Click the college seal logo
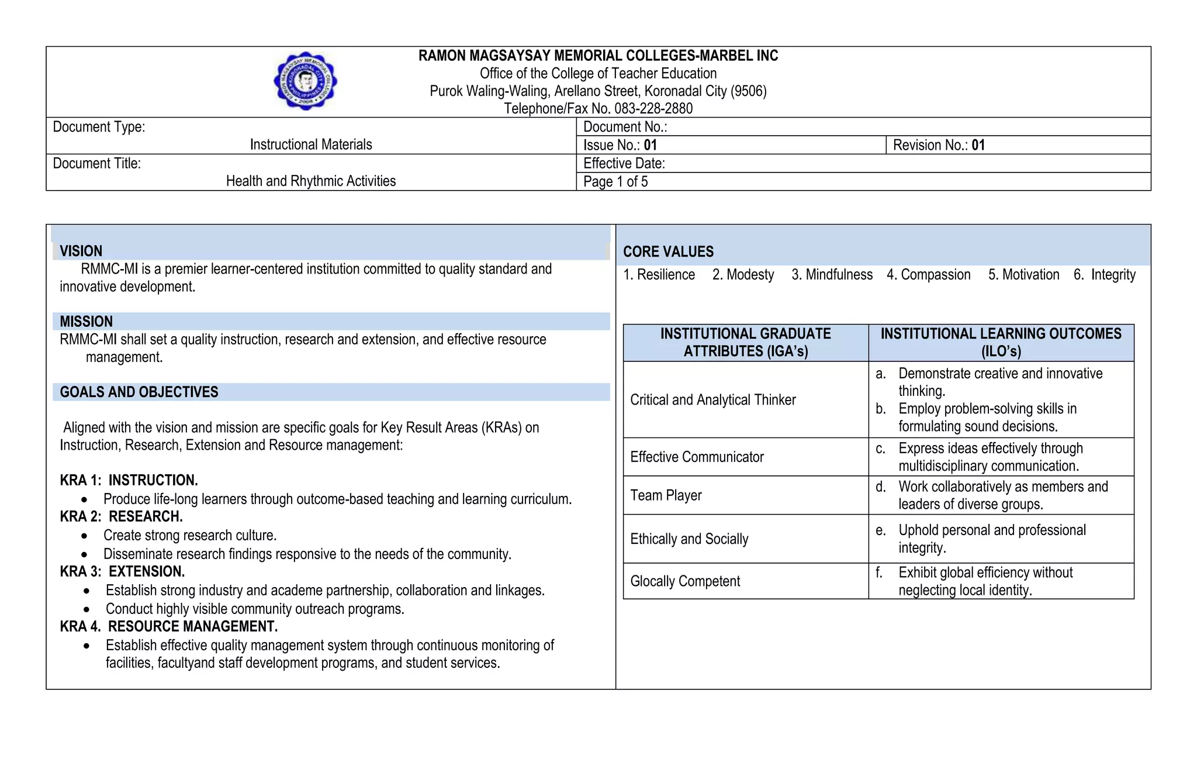tap(305, 81)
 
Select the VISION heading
tap(81, 251)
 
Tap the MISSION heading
tap(86, 322)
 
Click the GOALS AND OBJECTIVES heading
tap(139, 392)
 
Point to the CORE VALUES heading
tap(668, 252)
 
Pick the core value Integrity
tap(1112, 275)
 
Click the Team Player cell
tap(666, 496)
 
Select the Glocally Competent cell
tap(685, 581)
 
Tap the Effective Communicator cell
tap(697, 457)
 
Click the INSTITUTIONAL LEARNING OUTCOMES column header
tap(1001, 343)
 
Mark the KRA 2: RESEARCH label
tap(121, 517)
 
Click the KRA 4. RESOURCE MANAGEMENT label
tap(168, 627)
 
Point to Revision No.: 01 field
tap(939, 146)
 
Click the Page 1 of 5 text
tap(615, 182)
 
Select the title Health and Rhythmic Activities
tap(311, 181)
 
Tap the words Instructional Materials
tap(311, 144)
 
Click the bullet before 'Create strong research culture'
tap(85, 536)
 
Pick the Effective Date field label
tap(624, 164)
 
